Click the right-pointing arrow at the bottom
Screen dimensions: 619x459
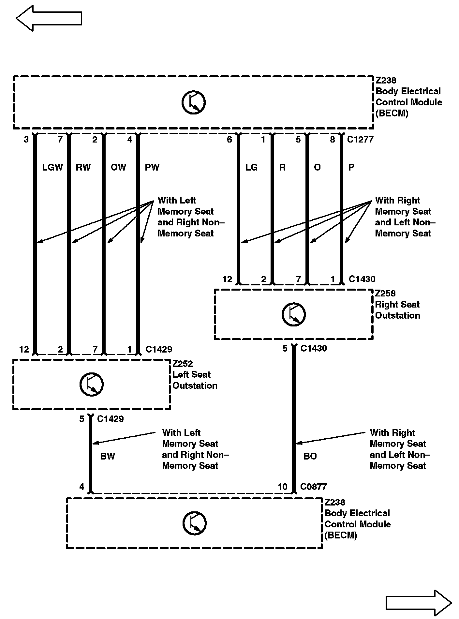pos(419,603)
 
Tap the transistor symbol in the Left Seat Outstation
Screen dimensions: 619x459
pos(92,385)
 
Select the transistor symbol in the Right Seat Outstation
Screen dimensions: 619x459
pos(293,314)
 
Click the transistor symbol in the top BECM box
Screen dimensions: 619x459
pos(193,103)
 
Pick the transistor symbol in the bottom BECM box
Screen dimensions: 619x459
pos(194,524)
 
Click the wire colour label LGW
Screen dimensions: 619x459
pos(52,167)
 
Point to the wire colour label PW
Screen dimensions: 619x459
pos(152,167)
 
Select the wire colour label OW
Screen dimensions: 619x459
pos(118,167)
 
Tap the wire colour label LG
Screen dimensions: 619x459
pos(251,167)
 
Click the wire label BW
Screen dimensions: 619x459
pos(108,456)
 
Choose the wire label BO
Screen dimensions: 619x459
pos(310,456)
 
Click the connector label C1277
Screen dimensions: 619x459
pos(360,140)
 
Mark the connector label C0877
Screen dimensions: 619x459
pos(313,487)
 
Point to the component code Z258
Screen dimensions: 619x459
pos(386,293)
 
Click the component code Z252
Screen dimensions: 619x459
pos(183,364)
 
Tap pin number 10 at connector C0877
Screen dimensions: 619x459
pos(282,487)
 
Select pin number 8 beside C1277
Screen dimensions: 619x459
pos(333,140)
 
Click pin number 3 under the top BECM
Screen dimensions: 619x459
pos(26,140)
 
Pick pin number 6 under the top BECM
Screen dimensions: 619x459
pos(229,140)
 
